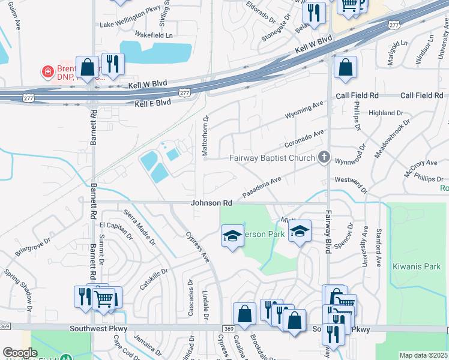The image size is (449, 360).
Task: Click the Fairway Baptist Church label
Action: tap(273, 158)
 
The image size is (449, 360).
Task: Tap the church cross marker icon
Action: tap(324, 157)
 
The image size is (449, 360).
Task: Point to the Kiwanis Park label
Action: tap(413, 266)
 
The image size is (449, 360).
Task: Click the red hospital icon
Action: tap(47, 72)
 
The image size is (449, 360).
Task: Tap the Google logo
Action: tap(19, 353)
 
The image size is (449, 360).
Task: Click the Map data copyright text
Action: tap(424, 355)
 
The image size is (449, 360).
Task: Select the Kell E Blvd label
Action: tap(153, 103)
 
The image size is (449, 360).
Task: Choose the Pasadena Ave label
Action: tap(262, 188)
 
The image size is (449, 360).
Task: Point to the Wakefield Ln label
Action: tap(153, 35)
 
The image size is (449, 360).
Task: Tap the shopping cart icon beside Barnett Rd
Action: tap(104, 298)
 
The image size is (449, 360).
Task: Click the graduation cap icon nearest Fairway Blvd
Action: tap(299, 232)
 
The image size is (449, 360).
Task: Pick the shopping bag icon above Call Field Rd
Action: tap(345, 68)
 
